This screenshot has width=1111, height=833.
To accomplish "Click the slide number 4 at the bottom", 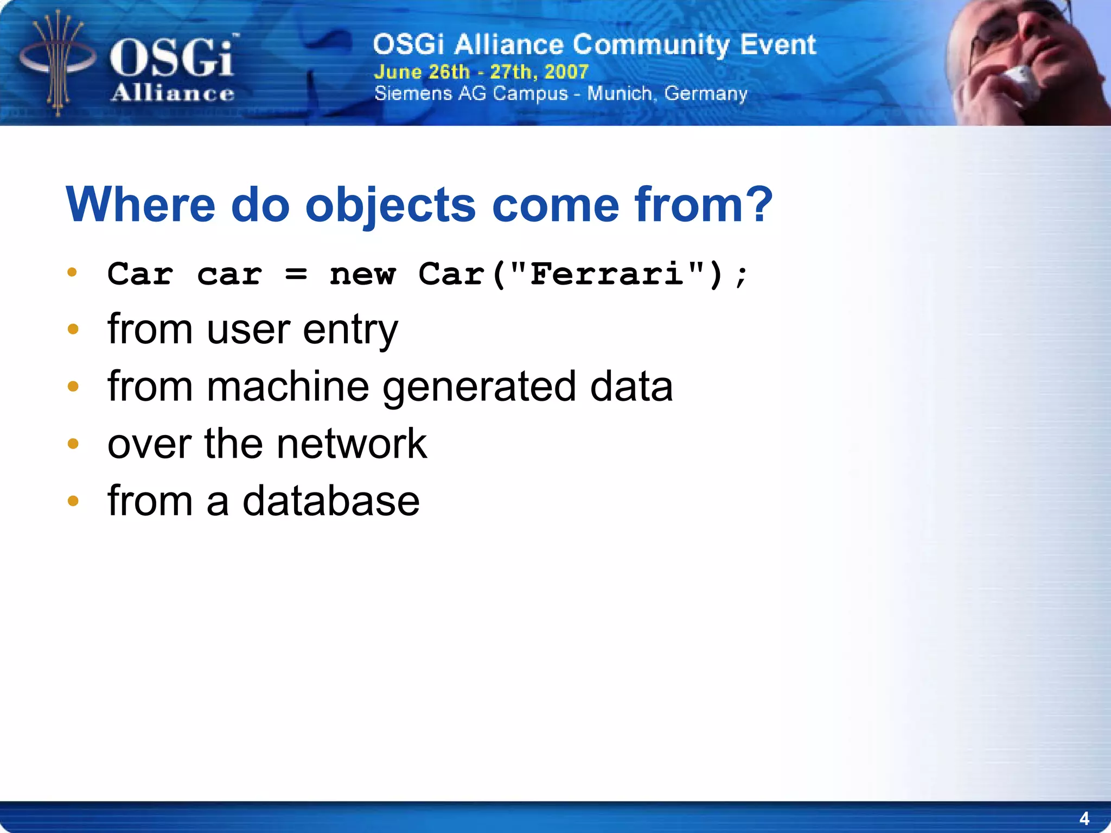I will point(1084,818).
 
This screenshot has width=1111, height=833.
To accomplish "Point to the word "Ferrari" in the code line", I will point(606,274).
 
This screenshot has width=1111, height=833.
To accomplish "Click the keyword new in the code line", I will point(362,275).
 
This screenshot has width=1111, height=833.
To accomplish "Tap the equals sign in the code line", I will point(296,275).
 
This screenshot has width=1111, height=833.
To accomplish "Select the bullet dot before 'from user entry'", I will point(73,329).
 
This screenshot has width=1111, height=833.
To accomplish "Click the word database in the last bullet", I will point(330,501).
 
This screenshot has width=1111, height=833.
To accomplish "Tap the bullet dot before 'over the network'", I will point(73,444).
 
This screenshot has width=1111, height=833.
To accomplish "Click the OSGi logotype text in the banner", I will point(171,58).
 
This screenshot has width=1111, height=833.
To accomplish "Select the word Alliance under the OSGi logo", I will point(173,93).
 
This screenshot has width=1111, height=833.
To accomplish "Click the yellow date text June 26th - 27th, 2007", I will point(481,72).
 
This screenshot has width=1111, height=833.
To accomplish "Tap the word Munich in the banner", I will point(619,93).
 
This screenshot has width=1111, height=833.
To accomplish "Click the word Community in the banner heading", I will point(651,45).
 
